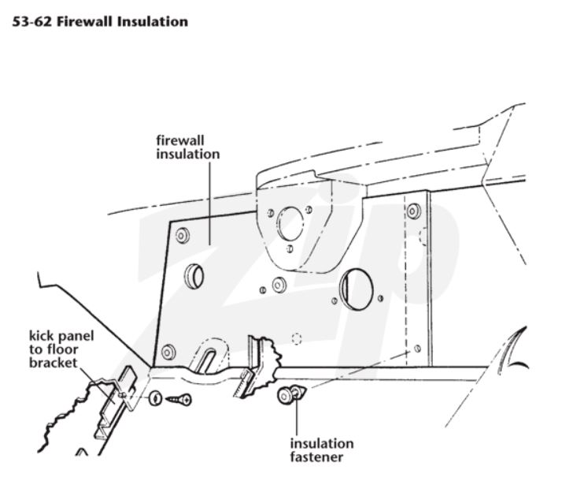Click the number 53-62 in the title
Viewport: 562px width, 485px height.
pos(30,21)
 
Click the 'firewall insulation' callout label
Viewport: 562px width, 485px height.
pos(187,147)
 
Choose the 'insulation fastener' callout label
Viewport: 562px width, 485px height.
pos(321,450)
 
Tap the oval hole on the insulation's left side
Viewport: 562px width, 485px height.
pos(194,275)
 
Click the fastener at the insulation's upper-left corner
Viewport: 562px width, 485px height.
pos(183,234)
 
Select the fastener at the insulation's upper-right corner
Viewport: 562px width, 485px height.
pos(414,211)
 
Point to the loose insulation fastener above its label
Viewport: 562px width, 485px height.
pos(287,395)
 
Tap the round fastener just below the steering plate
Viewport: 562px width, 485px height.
pos(277,283)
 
